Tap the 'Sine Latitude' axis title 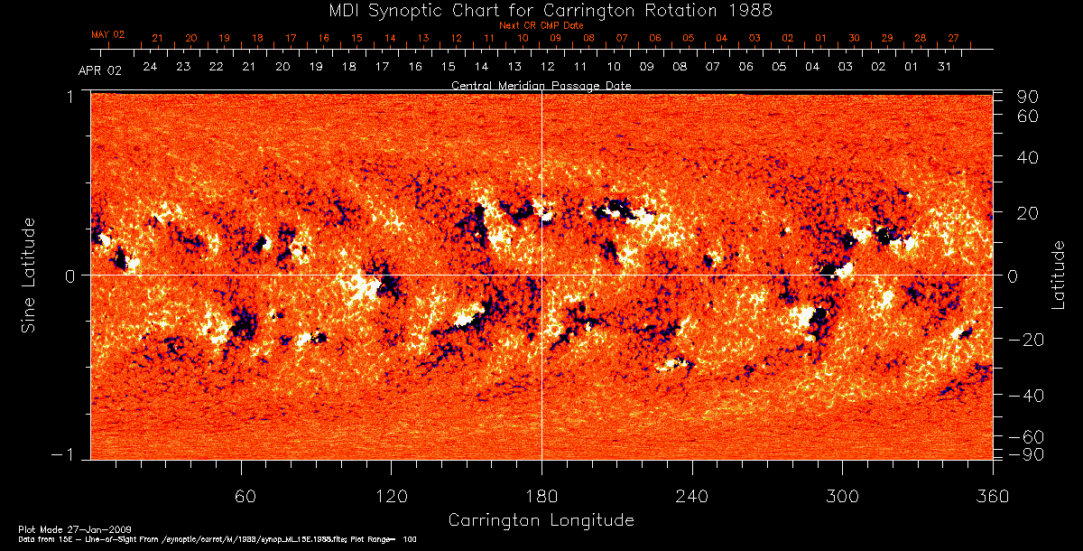29,273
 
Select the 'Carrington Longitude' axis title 541,520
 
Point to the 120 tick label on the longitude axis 392,496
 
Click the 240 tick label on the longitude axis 691,496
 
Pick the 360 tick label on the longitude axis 992,496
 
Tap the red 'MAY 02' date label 107,34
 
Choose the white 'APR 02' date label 99,70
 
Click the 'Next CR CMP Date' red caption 541,25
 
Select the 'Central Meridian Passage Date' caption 541,85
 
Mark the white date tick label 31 944,68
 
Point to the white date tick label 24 150,68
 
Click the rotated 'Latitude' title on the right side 1060,274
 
